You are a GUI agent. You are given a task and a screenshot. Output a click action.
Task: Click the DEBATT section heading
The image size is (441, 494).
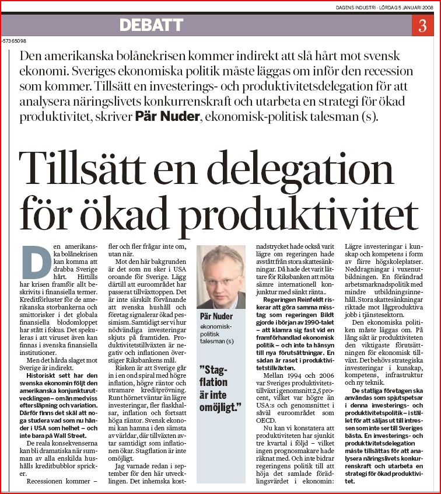(x=151, y=26)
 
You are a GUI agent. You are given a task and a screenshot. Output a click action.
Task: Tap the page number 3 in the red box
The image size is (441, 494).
(x=422, y=26)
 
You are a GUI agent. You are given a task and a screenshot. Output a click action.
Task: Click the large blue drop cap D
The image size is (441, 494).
(x=35, y=262)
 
